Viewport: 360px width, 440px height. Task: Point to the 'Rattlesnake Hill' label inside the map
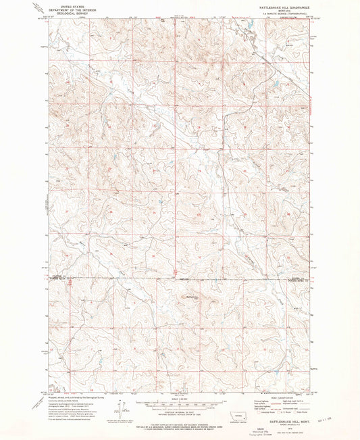click(x=190, y=295)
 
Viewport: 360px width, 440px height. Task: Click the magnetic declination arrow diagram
click(x=120, y=410)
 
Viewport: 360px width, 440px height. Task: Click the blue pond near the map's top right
click(x=275, y=84)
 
